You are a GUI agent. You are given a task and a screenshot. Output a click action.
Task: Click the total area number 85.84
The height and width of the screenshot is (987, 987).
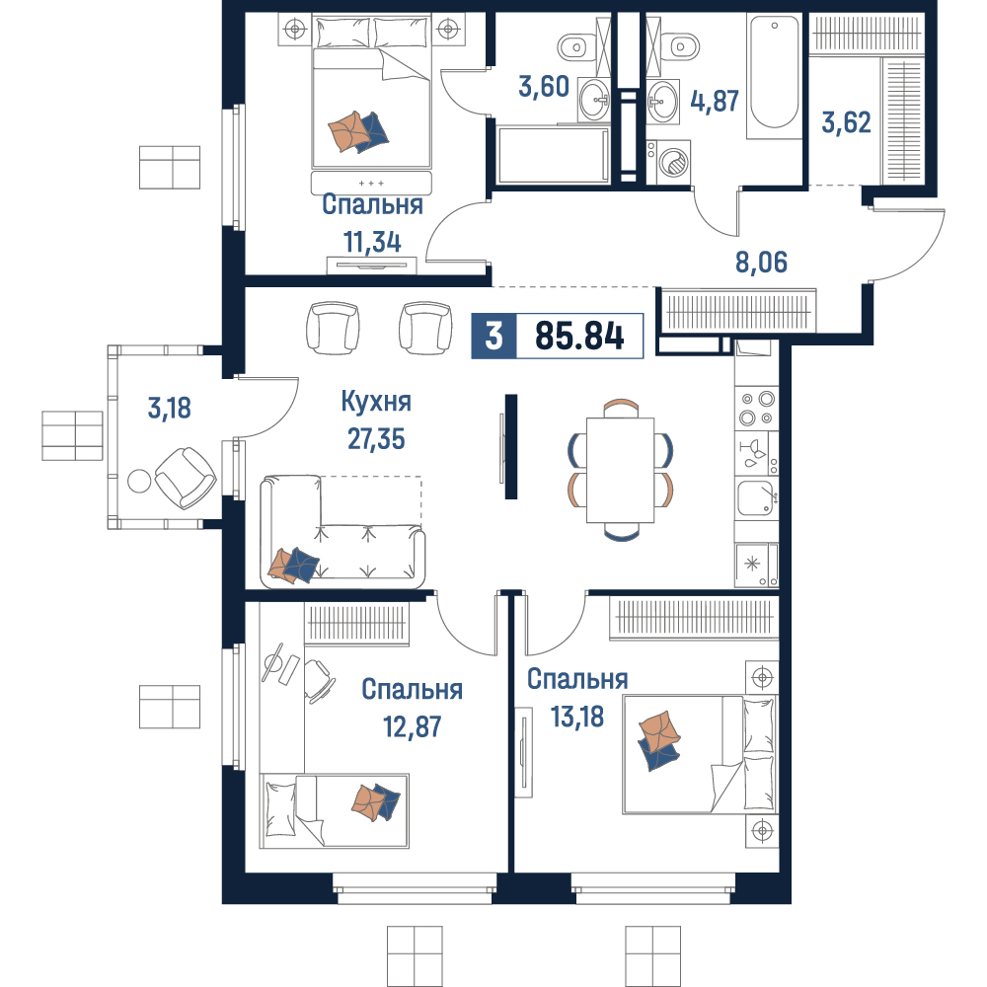click(x=579, y=337)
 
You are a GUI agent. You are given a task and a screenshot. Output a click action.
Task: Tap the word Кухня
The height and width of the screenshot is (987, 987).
click(x=376, y=402)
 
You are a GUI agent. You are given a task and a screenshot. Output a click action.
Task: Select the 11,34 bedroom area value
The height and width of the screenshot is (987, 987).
click(x=372, y=243)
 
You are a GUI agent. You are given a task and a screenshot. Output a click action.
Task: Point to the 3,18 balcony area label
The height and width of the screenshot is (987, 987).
click(x=170, y=408)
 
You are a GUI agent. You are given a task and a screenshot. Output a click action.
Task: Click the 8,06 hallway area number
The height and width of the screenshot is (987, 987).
click(x=761, y=262)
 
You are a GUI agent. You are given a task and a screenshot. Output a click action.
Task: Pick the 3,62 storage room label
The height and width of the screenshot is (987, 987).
click(x=846, y=122)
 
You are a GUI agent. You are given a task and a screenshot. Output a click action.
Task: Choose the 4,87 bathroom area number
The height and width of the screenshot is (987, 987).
click(x=715, y=101)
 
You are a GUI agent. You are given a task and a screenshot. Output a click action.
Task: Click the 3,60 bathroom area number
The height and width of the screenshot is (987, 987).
click(x=544, y=86)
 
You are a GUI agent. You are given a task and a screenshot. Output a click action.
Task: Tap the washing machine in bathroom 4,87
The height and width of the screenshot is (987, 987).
click(x=668, y=162)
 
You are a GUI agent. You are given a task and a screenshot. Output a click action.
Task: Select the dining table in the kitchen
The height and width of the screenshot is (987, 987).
click(x=620, y=470)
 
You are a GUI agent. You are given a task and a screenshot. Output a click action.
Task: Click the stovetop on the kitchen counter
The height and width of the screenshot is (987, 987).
click(x=757, y=408)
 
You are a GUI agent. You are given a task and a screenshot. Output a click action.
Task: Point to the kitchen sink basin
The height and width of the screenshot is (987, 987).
click(x=755, y=497)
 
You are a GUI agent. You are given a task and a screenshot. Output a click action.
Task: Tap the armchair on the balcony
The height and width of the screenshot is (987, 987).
click(x=186, y=479)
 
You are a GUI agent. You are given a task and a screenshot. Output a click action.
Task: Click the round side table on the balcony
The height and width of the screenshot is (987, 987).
click(x=139, y=482)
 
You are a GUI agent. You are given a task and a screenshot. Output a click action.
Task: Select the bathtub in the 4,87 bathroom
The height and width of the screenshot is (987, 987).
click(x=773, y=73)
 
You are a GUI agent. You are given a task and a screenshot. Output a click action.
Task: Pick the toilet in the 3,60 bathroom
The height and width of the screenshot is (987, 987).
click(x=574, y=46)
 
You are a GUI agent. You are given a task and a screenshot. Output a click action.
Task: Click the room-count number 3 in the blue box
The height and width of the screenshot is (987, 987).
click(x=494, y=337)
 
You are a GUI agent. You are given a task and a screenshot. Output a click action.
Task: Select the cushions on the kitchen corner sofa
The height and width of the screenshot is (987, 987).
click(x=293, y=565)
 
